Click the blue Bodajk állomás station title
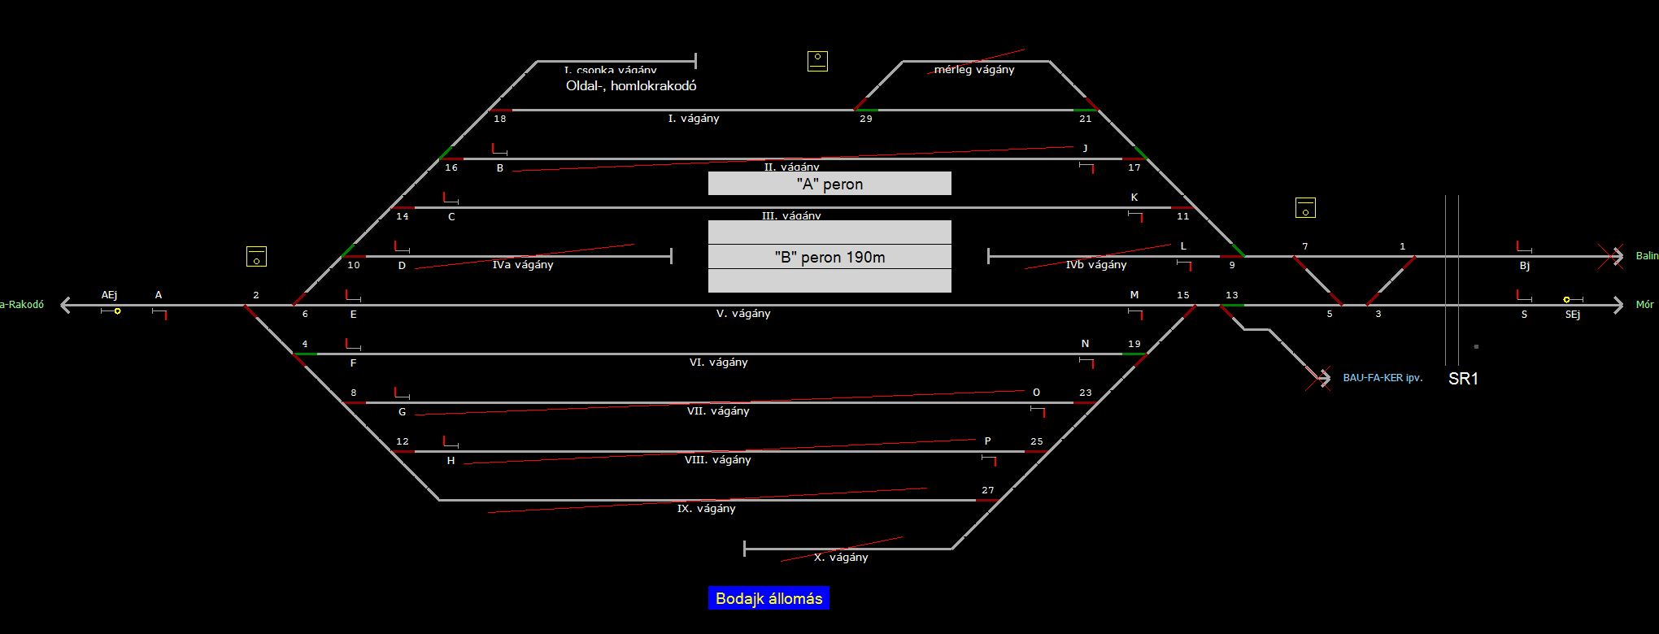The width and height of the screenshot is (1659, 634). pos(769,598)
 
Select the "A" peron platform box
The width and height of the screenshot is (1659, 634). pos(829,184)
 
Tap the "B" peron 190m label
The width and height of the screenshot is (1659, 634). pos(829,257)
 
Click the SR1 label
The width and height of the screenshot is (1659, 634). pos(1463,379)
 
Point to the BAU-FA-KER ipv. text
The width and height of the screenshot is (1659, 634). pos(1382,378)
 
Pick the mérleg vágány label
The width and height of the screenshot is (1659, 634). pos(974,70)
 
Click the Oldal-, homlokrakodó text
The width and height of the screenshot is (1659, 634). pos(631,85)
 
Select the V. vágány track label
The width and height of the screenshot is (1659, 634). pos(743,314)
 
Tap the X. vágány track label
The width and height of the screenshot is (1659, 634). pos(841,558)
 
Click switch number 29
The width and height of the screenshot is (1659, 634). pos(866,119)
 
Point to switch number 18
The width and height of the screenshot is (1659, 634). pos(500,119)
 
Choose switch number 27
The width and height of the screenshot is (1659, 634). pos(988,490)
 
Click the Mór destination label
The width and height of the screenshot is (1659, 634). pos(1644,305)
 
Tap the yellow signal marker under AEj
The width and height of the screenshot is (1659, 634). pos(117,310)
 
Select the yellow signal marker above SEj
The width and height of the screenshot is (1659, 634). pos(1566,300)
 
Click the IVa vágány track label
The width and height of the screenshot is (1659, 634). pos(523,265)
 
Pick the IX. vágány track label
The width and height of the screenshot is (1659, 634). pos(706,509)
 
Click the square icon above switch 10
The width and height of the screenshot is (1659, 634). pos(256,256)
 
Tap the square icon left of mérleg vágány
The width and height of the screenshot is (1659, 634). pos(817,61)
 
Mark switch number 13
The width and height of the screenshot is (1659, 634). pos(1232,296)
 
